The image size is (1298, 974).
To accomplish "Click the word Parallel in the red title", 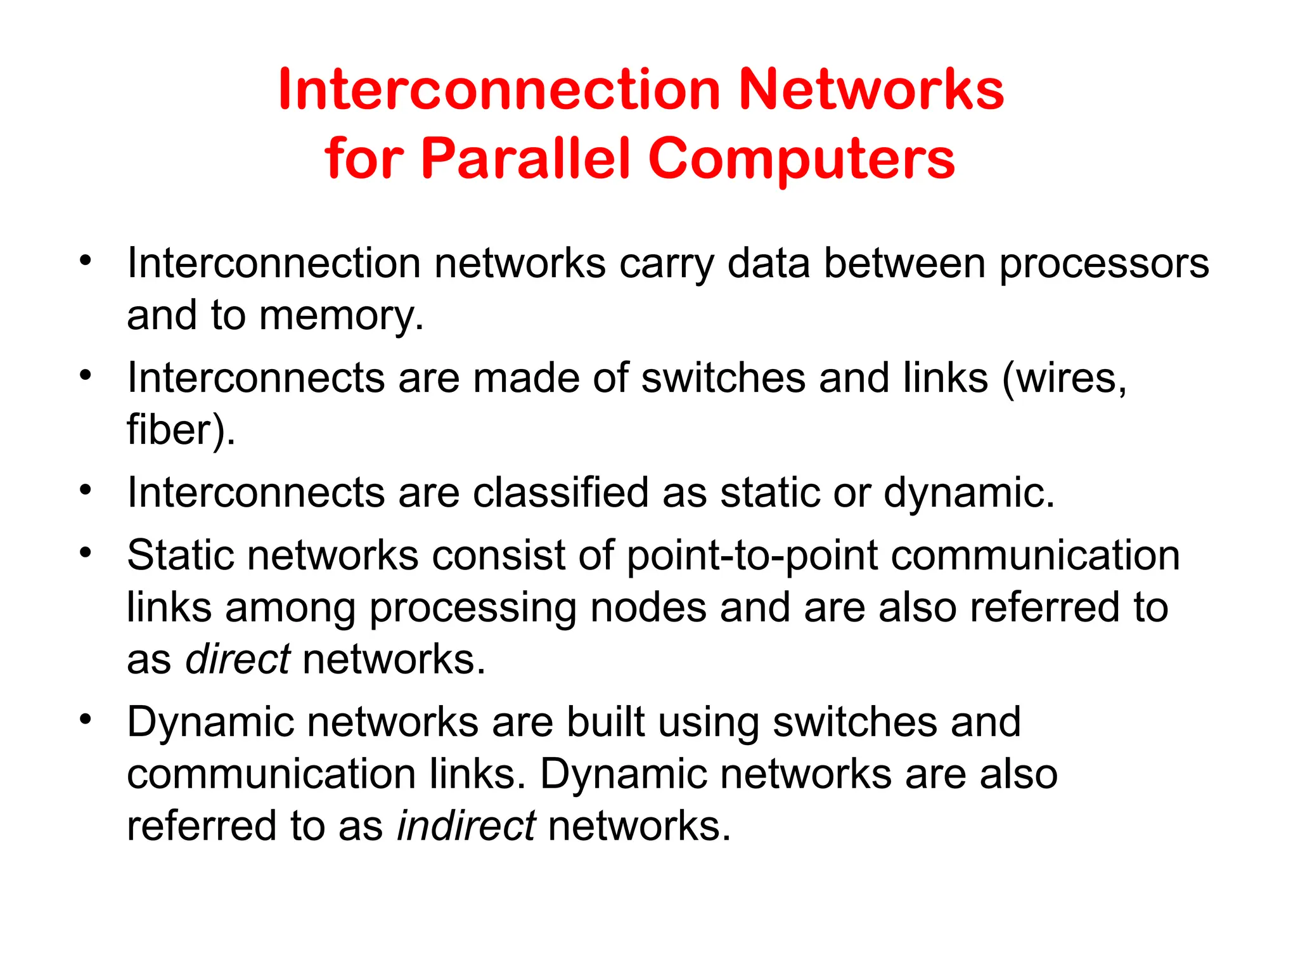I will pos(525,159).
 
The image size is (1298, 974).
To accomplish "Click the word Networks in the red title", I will pos(871,90).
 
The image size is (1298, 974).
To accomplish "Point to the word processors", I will pos(1104,264).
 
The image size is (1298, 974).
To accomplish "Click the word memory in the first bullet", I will pos(341,315).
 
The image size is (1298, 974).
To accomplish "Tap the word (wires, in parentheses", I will pos(1065,379).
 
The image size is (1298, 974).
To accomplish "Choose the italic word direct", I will pos(238,659).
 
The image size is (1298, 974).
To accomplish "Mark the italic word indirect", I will pos(466,826).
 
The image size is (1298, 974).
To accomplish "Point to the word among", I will pos(290,608).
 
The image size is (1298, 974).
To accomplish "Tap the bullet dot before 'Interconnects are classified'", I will pos(86,490).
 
